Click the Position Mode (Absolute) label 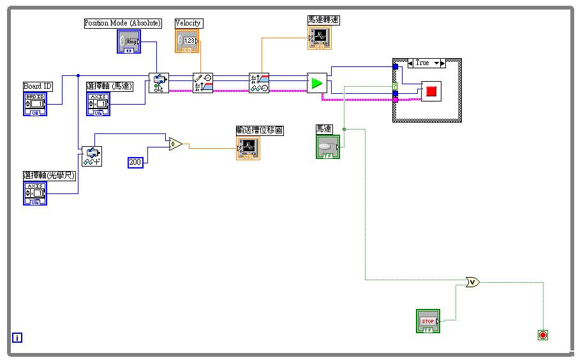pyautogui.click(x=123, y=23)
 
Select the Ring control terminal pyautogui.click(x=128, y=41)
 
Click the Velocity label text pyautogui.click(x=188, y=23)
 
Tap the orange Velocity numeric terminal pyautogui.click(x=187, y=41)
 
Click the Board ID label pyautogui.click(x=38, y=86)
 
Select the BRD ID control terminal pyautogui.click(x=35, y=104)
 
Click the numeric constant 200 pyautogui.click(x=135, y=162)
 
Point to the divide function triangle pyautogui.click(x=175, y=144)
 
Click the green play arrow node pyautogui.click(x=317, y=83)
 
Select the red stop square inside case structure pyautogui.click(x=431, y=91)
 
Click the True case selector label pyautogui.click(x=422, y=63)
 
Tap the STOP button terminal pyautogui.click(x=427, y=320)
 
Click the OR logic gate pyautogui.click(x=472, y=281)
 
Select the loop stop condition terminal pyautogui.click(x=543, y=335)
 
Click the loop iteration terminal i pyautogui.click(x=17, y=338)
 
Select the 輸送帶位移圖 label pyautogui.click(x=259, y=130)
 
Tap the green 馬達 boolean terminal pyautogui.click(x=328, y=147)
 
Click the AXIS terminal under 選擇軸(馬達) pyautogui.click(x=98, y=104)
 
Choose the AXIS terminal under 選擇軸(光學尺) pyautogui.click(x=35, y=193)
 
